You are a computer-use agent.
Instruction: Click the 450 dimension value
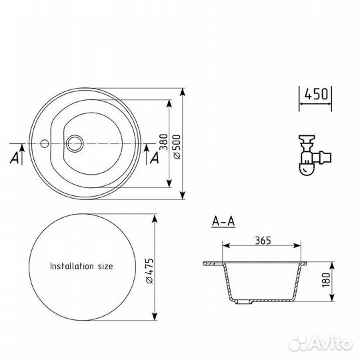click(x=316, y=94)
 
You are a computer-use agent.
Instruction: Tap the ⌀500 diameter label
click(x=177, y=147)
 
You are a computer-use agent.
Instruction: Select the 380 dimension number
click(x=163, y=142)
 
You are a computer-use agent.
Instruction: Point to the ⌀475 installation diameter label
click(x=150, y=271)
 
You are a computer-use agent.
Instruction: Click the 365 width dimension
click(x=263, y=241)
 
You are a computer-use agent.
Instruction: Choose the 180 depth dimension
click(x=326, y=280)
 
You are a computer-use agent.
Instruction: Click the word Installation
click(x=72, y=266)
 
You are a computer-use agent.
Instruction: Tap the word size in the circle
click(x=105, y=266)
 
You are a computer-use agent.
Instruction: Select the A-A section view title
click(x=223, y=221)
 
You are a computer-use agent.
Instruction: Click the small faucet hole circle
click(x=44, y=143)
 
